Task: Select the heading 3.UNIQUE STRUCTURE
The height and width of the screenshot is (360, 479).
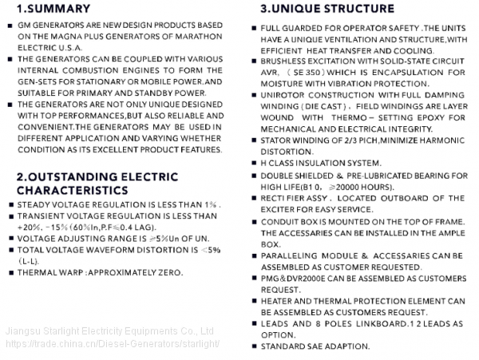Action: point(327,10)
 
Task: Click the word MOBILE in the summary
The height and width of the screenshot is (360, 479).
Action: point(156,81)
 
